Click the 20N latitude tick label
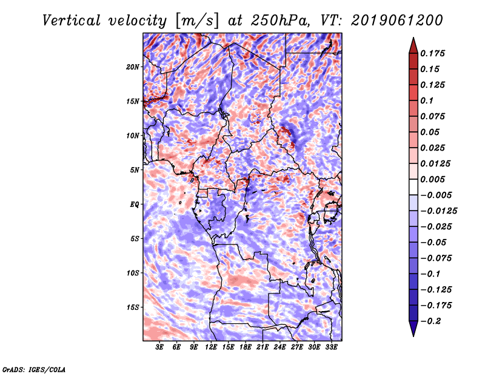pos(133,67)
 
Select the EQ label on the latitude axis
pos(135,205)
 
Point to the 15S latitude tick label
pos(133,307)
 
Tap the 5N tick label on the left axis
pos(135,170)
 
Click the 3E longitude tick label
pos(160,347)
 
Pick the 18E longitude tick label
pos(246,347)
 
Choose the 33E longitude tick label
pos(331,347)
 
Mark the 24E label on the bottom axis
pos(279,347)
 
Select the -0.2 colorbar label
pos(432,321)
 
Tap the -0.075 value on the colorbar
pos(436,258)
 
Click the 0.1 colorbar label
pos(427,100)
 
